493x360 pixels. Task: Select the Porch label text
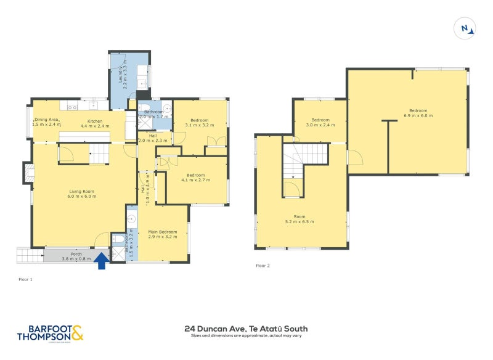[76, 256]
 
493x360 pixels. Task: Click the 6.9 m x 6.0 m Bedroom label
[415, 113]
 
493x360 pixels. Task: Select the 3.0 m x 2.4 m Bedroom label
[320, 122]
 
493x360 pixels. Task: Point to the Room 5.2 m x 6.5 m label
[300, 219]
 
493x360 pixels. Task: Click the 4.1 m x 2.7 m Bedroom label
[196, 178]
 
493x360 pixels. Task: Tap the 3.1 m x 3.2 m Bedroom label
[199, 123]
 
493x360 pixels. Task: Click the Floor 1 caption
[26, 279]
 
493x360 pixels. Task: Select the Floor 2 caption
[263, 266]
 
